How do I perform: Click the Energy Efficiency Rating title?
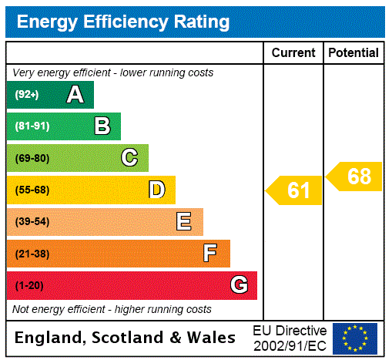pyautogui.click(x=123, y=22)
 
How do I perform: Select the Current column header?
pyautogui.click(x=293, y=52)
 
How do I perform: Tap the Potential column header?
pyautogui.click(x=353, y=52)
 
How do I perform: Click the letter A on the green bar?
pyautogui.click(x=75, y=95)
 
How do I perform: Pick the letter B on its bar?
pyautogui.click(x=102, y=126)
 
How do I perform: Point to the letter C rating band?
pyautogui.click(x=129, y=158)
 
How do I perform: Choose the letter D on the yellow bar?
pyautogui.click(x=156, y=190)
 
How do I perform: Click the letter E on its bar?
pyautogui.click(x=183, y=222)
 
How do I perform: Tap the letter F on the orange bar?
pyautogui.click(x=210, y=254)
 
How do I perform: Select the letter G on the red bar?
pyautogui.click(x=239, y=285)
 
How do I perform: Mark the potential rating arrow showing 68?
pyautogui.click(x=355, y=177)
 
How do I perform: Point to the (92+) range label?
pyautogui.click(x=27, y=95)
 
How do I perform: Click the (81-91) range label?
pyautogui.click(x=32, y=126)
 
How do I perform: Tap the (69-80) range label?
pyautogui.click(x=32, y=158)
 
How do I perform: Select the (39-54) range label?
pyautogui.click(x=32, y=222)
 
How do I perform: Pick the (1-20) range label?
pyautogui.click(x=29, y=285)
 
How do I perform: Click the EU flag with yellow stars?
pyautogui.click(x=355, y=338)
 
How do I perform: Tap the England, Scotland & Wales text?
pyautogui.click(x=126, y=338)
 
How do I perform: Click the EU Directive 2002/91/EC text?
pyautogui.click(x=290, y=338)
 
